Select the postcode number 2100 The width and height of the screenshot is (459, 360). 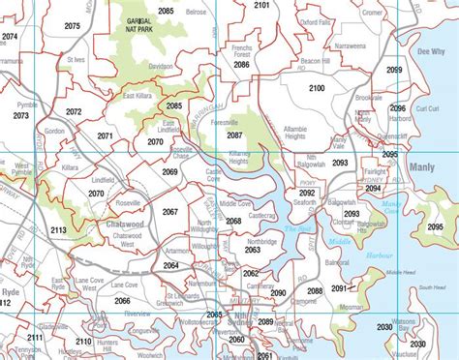point(317,89)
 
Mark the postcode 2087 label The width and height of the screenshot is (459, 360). point(235,135)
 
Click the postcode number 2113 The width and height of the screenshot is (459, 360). point(58,230)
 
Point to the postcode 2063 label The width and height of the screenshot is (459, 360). point(252,250)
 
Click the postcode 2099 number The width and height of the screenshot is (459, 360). point(394,71)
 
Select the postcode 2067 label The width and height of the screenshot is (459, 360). point(170,211)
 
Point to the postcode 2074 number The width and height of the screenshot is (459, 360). point(10,36)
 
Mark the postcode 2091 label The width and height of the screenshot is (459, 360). point(338,288)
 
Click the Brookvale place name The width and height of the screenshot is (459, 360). point(369,99)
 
